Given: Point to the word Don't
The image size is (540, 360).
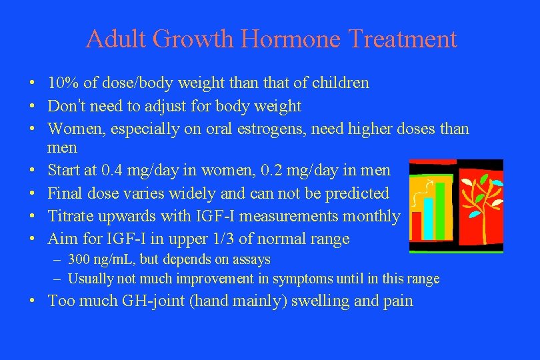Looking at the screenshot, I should [x=66, y=106].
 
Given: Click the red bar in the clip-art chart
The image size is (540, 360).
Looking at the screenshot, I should [x=417, y=227].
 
